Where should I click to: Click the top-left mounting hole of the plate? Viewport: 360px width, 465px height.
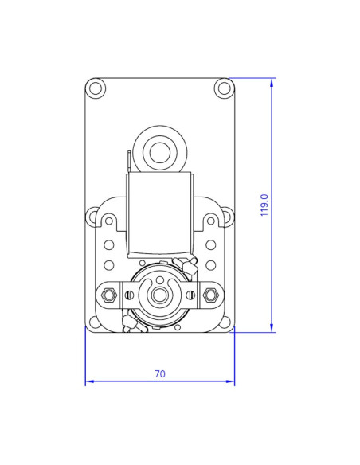(x=96, y=87)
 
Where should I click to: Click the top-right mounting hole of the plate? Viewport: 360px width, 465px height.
(x=223, y=87)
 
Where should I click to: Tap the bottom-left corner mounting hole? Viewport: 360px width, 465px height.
(x=95, y=322)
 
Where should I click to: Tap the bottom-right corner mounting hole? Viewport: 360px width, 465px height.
(x=225, y=322)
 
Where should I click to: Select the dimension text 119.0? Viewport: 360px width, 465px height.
(x=264, y=205)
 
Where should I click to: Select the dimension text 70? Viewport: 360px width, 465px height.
(x=160, y=373)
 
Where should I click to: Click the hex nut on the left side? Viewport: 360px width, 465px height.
(x=110, y=296)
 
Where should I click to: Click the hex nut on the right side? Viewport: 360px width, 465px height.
(x=210, y=296)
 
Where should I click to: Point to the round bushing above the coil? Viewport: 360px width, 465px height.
(x=160, y=150)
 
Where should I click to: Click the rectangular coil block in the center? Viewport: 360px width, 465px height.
(x=160, y=211)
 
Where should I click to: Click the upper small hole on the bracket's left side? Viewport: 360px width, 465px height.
(x=109, y=245)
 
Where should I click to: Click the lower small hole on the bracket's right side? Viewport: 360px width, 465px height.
(x=211, y=264)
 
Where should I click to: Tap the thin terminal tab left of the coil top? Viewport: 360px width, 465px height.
(x=128, y=162)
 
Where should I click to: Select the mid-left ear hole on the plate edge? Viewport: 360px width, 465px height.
(x=94, y=214)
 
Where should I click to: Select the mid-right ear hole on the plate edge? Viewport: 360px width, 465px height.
(x=226, y=214)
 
